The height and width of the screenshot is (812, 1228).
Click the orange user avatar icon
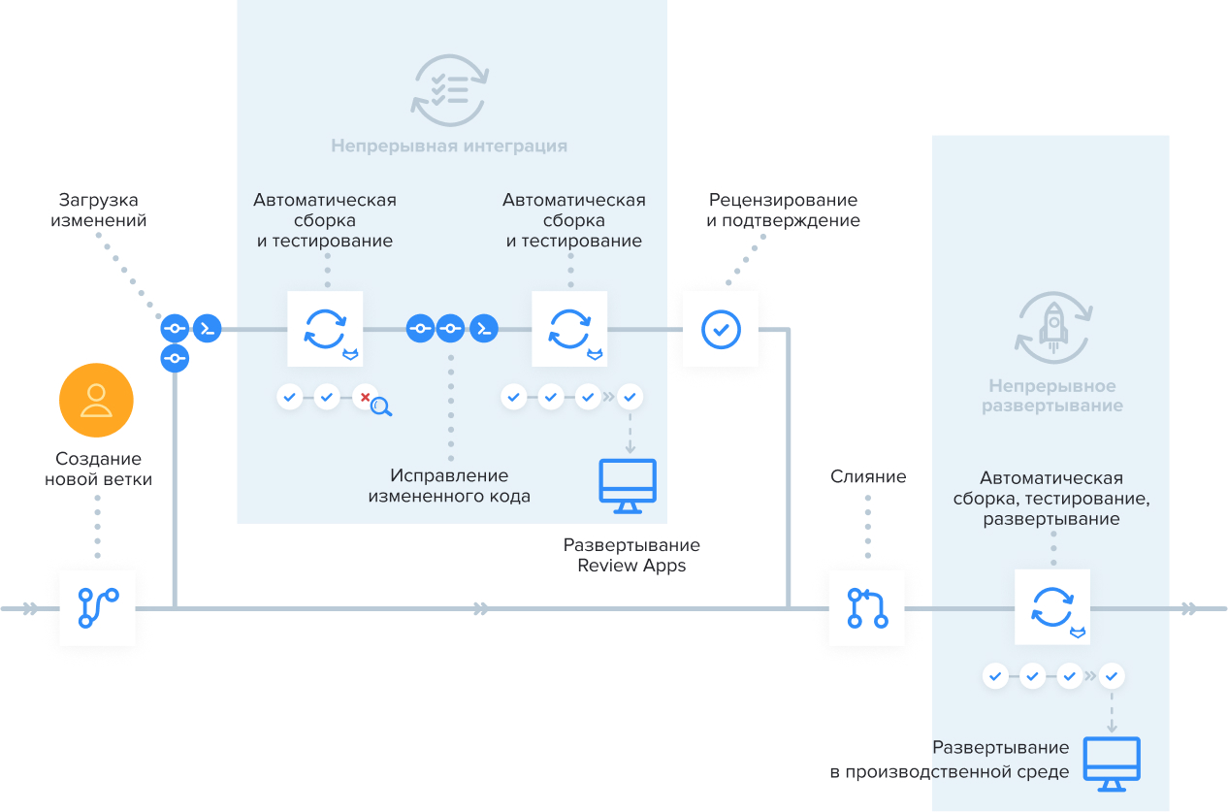click(96, 400)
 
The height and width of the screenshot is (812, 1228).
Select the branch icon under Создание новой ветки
click(97, 608)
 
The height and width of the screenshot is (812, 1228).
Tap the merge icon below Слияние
click(866, 608)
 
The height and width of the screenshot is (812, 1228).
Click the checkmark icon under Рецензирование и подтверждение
click(721, 329)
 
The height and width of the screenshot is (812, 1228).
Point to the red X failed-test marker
click(365, 397)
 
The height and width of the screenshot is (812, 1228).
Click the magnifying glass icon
click(381, 407)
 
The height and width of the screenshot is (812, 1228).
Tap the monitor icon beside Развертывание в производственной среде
click(1112, 763)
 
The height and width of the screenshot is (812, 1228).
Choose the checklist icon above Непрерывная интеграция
click(449, 89)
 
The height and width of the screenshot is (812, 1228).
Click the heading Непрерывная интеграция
click(449, 146)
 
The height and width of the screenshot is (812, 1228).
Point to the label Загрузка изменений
click(102, 211)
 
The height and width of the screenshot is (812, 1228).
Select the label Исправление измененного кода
click(449, 486)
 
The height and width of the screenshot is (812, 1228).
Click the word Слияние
click(868, 476)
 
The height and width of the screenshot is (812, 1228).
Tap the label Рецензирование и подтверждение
click(783, 211)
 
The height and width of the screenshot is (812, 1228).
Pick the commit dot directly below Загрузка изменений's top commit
click(175, 358)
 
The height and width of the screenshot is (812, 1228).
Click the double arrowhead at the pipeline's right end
click(1189, 608)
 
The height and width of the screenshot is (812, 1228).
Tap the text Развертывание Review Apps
click(631, 556)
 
